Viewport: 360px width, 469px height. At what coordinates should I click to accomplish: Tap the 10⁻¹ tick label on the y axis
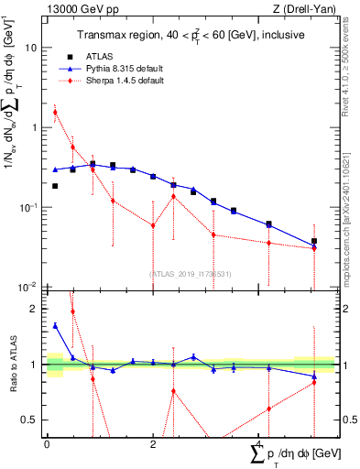(30, 207)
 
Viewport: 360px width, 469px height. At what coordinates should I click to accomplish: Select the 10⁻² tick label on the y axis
(30, 287)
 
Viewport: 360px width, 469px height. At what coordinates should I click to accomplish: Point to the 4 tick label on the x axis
(259, 444)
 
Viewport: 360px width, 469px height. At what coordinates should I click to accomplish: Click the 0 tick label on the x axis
(47, 444)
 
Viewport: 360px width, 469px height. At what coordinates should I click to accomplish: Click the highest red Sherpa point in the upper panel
(55, 113)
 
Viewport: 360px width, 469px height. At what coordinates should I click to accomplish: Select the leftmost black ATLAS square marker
(55, 186)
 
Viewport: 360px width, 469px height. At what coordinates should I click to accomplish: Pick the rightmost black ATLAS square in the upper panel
(314, 242)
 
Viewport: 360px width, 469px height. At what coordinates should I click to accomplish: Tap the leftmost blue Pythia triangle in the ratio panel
(55, 325)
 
